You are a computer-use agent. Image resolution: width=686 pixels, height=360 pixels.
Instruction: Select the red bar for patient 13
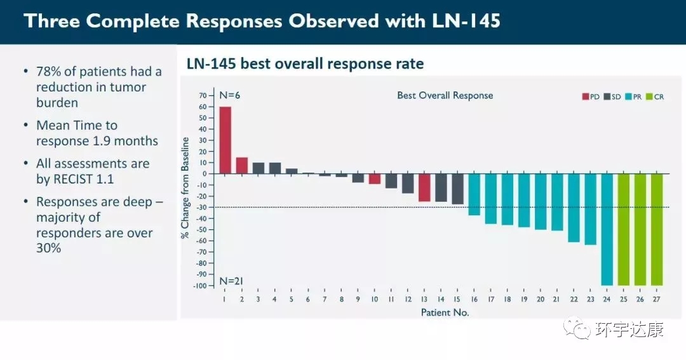tap(424, 187)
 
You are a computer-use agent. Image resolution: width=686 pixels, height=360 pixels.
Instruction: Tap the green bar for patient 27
tap(656, 229)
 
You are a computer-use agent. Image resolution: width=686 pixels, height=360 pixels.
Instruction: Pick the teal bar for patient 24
tap(607, 229)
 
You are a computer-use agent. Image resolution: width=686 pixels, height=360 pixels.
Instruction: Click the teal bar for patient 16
tap(474, 194)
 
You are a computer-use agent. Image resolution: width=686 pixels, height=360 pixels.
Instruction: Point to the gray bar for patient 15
tap(457, 189)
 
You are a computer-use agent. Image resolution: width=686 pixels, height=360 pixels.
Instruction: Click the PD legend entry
tap(591, 97)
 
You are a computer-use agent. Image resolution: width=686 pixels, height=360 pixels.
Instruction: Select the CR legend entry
tap(655, 97)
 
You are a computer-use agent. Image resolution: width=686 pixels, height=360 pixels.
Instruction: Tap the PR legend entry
tap(633, 97)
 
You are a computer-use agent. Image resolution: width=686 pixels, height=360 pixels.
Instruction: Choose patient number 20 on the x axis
tap(540, 299)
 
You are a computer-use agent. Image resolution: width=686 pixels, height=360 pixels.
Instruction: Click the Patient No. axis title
tap(445, 312)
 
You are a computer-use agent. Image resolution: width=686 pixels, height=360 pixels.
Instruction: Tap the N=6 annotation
tap(230, 95)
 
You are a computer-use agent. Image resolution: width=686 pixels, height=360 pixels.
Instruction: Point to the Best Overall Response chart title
tap(445, 95)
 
